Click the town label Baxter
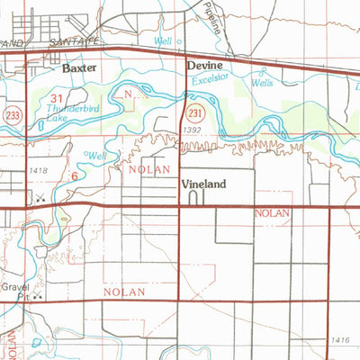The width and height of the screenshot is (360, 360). point(79,67)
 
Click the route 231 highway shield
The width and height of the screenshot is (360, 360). point(194,112)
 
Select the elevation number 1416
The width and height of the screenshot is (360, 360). point(338,338)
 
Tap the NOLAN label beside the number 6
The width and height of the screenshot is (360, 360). point(143,167)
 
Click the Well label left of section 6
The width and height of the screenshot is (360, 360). point(97,155)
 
